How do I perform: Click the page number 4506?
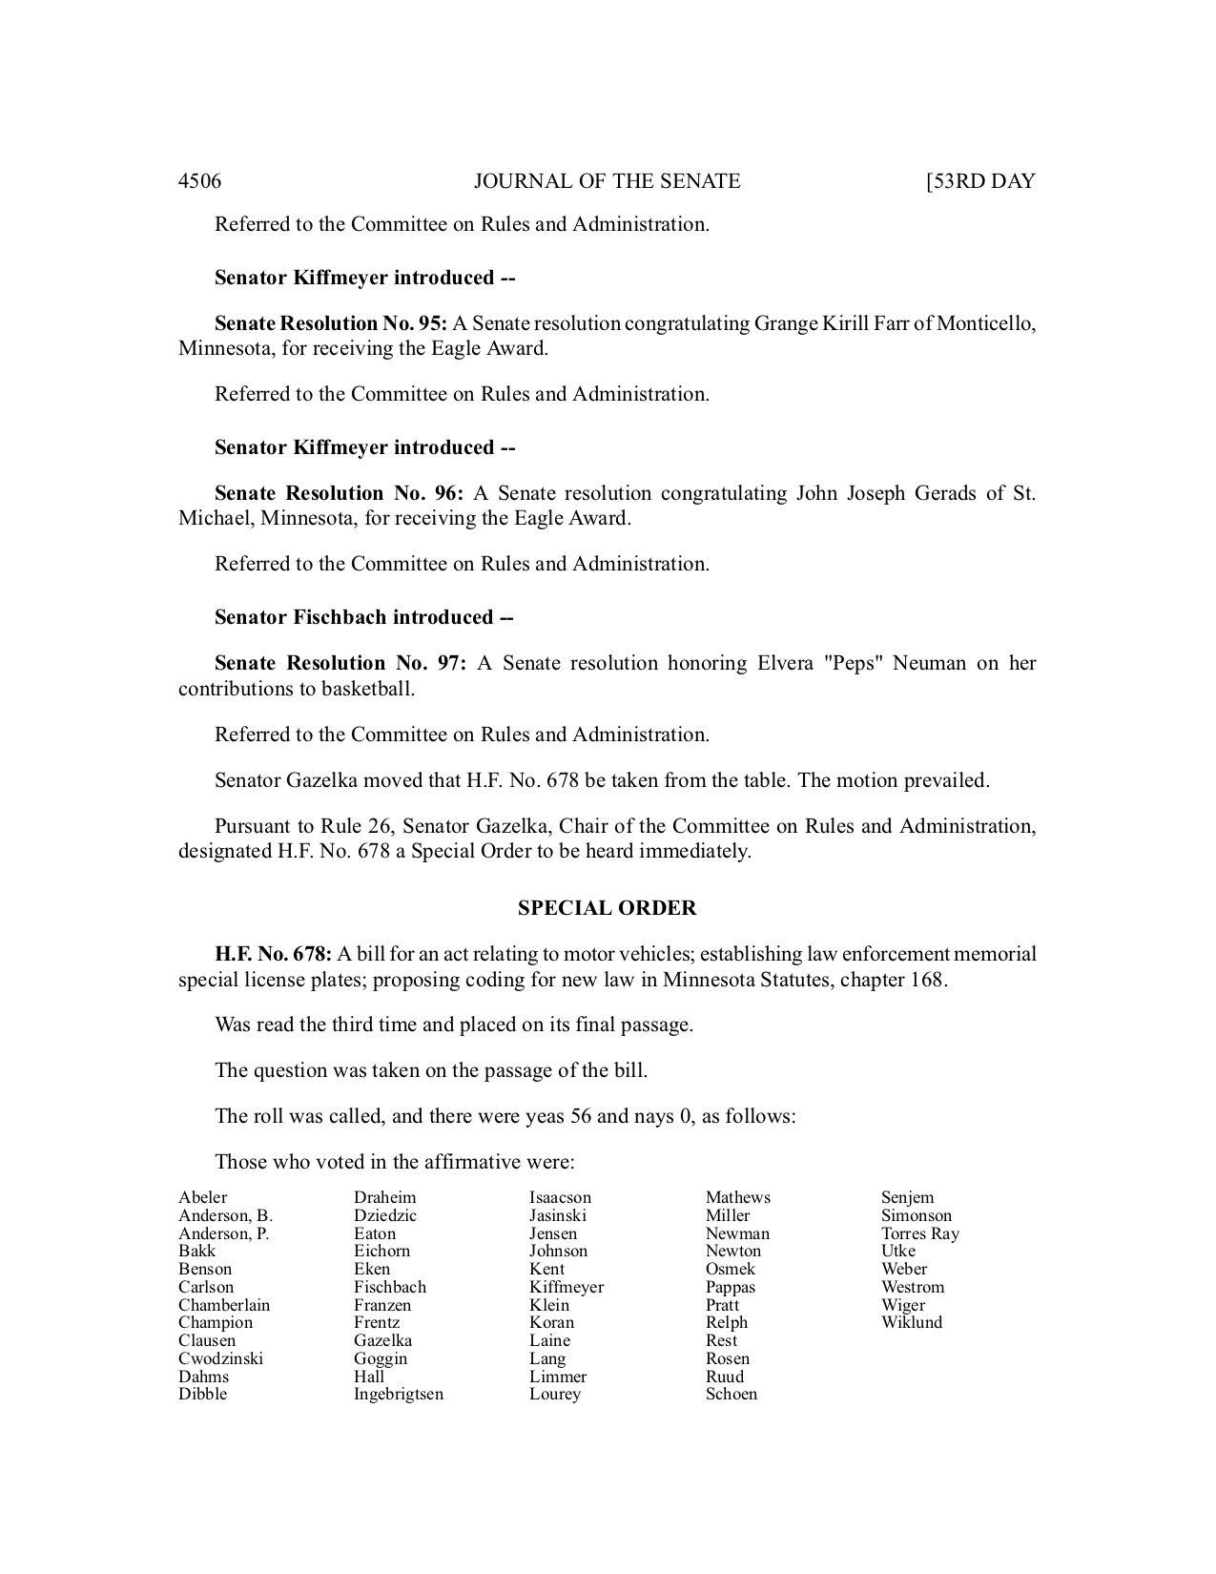point(199,181)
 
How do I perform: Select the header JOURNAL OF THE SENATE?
point(607,181)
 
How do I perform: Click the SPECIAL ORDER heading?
point(607,908)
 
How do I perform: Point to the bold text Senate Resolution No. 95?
point(331,323)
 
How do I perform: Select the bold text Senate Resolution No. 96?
point(339,493)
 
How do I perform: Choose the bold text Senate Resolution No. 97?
point(340,663)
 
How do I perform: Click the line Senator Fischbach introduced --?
point(364,617)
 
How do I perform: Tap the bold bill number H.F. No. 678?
point(273,954)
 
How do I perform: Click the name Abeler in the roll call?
point(203,1197)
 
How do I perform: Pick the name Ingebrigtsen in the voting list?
point(399,1394)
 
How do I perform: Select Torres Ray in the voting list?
point(920,1233)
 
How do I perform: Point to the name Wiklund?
point(912,1322)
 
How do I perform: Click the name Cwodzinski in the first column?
point(220,1358)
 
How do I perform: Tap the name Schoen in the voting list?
point(732,1394)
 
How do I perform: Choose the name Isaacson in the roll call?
point(560,1197)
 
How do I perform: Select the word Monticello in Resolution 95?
point(985,323)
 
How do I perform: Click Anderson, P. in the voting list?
point(224,1233)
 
